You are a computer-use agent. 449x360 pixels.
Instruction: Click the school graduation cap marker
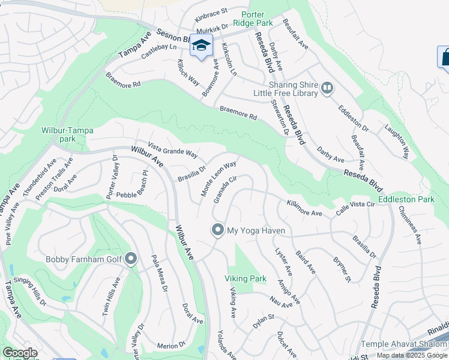[202, 46]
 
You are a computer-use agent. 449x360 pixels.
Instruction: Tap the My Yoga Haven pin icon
[217, 230]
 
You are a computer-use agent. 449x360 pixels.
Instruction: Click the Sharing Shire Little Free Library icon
[327, 89]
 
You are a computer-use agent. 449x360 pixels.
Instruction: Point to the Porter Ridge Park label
[257, 18]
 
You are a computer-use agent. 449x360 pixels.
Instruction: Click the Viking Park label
[246, 278]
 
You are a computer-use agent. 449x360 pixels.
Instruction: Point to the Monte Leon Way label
[218, 178]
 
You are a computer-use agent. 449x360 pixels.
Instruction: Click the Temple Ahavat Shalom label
[404, 344]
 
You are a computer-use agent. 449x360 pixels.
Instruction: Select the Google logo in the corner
[20, 353]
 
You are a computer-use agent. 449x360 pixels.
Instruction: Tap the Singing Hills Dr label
[25, 292]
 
